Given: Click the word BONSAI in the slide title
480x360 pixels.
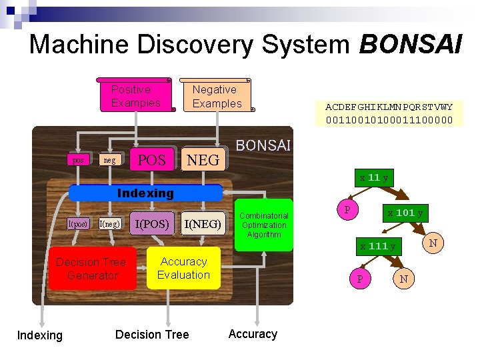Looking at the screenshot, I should pyautogui.click(x=410, y=45).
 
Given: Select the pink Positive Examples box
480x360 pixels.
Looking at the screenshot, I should pyautogui.click(x=137, y=96).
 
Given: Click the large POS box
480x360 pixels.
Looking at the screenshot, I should pyautogui.click(x=152, y=160).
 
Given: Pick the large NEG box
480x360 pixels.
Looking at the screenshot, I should pyautogui.click(x=203, y=160).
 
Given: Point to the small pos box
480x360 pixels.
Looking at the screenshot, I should pyautogui.click(x=78, y=160).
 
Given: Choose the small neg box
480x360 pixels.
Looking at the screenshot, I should pyautogui.click(x=109, y=160).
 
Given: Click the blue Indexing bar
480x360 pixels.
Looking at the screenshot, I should pyautogui.click(x=145, y=193).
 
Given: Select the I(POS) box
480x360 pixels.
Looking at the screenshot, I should pyautogui.click(x=152, y=224).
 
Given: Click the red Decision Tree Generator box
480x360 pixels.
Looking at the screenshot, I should pyautogui.click(x=91, y=269).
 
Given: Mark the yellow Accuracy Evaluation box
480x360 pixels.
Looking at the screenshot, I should pyautogui.click(x=183, y=269).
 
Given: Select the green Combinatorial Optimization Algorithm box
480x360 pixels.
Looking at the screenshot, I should pyautogui.click(x=263, y=225).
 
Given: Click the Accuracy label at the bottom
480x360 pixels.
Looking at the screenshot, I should pyautogui.click(x=253, y=335).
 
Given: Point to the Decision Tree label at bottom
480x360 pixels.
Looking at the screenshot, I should pyautogui.click(x=152, y=335).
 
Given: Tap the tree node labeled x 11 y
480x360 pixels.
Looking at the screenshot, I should pyautogui.click(x=374, y=178).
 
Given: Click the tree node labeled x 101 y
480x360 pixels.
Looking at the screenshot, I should pyautogui.click(x=405, y=213).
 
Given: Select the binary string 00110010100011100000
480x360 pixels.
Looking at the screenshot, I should pyautogui.click(x=389, y=120).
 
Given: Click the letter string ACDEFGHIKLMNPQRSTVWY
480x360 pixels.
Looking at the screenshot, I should pyautogui.click(x=389, y=107).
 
